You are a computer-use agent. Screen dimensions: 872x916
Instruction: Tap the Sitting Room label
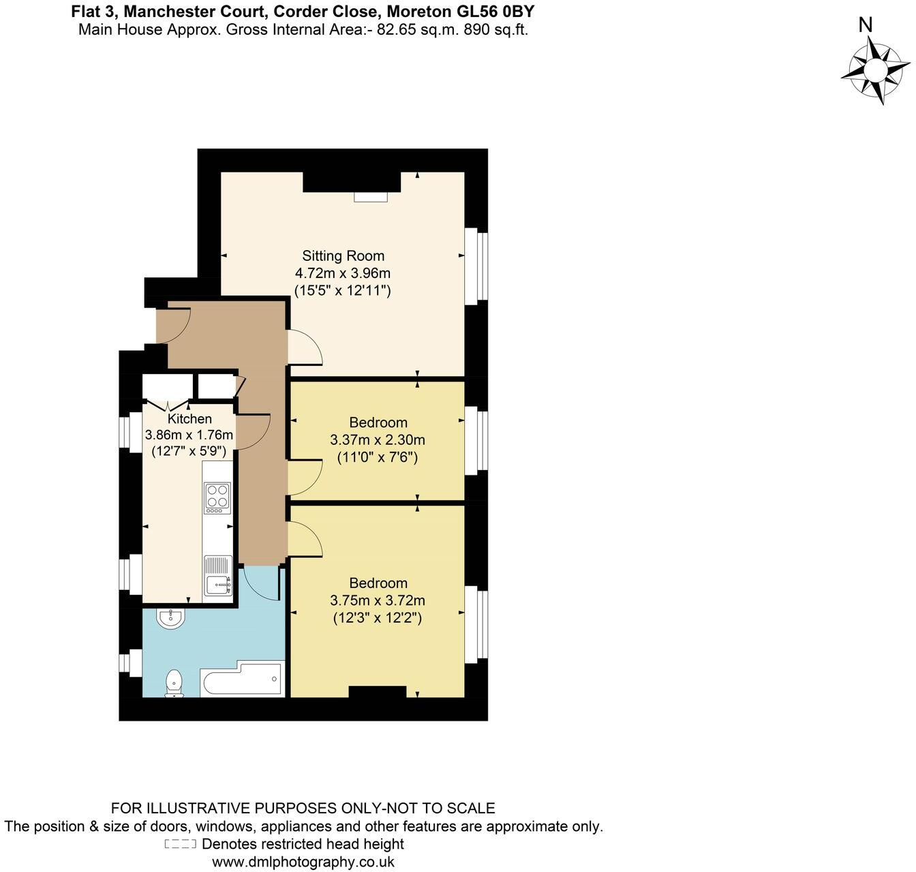coord(343,256)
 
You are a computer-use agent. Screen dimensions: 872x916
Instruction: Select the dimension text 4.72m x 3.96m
coord(342,273)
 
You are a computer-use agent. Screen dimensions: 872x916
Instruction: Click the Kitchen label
coord(189,419)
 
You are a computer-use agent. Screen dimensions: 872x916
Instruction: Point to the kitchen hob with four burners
coord(217,498)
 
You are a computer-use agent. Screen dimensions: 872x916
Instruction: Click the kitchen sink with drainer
coord(218,576)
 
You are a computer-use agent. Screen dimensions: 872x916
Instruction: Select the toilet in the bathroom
coord(174,683)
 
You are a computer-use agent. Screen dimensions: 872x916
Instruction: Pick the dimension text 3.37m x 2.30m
coord(378,440)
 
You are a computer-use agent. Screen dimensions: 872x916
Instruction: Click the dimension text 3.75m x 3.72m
coord(378,601)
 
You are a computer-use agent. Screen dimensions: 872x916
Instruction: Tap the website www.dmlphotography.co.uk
coord(303,862)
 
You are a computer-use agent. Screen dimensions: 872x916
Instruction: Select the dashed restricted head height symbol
coord(181,844)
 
